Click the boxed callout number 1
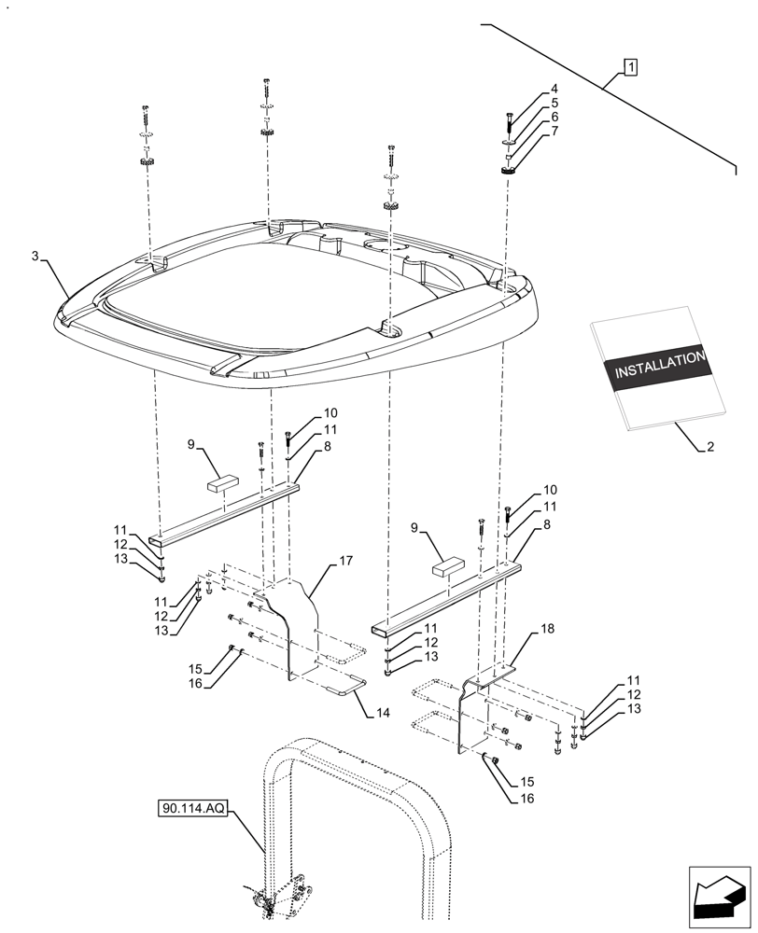(x=632, y=66)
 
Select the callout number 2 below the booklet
(x=710, y=447)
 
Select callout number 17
(x=345, y=561)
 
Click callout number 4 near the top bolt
(x=554, y=90)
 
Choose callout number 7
(x=554, y=131)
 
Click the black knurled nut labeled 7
(x=508, y=170)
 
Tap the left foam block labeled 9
(x=222, y=483)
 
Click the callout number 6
(x=554, y=117)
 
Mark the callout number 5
(x=554, y=103)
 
